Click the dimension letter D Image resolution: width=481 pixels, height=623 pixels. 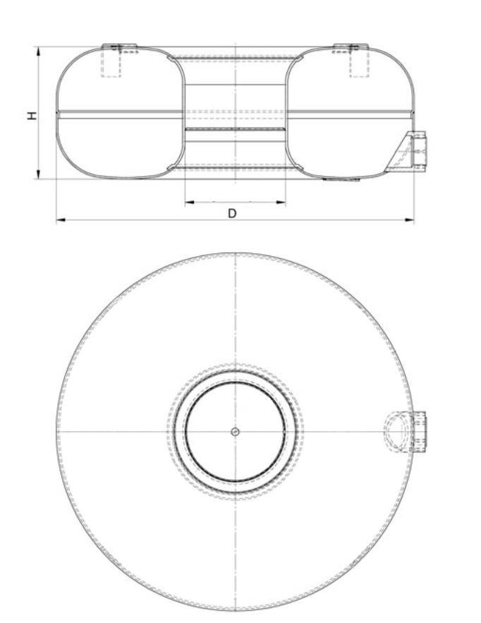click(x=232, y=212)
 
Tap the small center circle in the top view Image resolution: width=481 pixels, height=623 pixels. click(x=236, y=431)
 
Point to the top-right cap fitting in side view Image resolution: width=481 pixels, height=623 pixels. click(x=351, y=48)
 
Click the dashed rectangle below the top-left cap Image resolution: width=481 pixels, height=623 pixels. click(x=111, y=65)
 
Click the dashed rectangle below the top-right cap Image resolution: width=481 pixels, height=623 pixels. click(x=359, y=65)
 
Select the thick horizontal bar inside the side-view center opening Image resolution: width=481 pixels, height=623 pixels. click(x=235, y=131)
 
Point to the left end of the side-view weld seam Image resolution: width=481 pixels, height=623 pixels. click(x=58, y=111)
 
